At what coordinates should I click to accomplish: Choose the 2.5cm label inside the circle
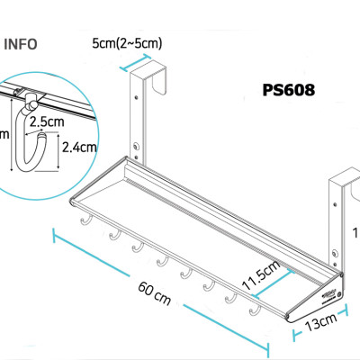click(46, 120)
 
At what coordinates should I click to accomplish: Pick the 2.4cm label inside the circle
click(78, 145)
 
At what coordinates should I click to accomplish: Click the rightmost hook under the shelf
click(255, 310)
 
